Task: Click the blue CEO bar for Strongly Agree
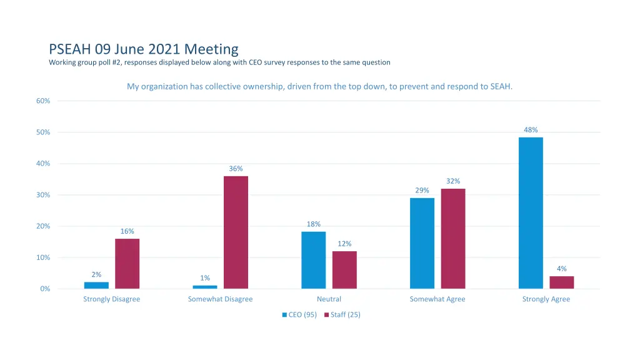click(531, 212)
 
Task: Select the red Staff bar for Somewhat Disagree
click(236, 232)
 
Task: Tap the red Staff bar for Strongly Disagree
click(127, 263)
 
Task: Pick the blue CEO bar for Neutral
click(313, 260)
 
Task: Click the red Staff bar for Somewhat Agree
click(453, 238)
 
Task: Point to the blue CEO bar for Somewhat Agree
click(422, 243)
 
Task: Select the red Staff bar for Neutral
click(344, 269)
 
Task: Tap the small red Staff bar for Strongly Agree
click(562, 282)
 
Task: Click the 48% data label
click(531, 130)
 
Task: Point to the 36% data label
click(236, 169)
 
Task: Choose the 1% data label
click(205, 278)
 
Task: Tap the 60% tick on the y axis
click(43, 101)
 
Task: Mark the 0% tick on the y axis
click(45, 289)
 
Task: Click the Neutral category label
click(329, 299)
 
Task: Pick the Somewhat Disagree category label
click(220, 299)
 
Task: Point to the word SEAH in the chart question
click(501, 86)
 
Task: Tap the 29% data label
click(422, 191)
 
